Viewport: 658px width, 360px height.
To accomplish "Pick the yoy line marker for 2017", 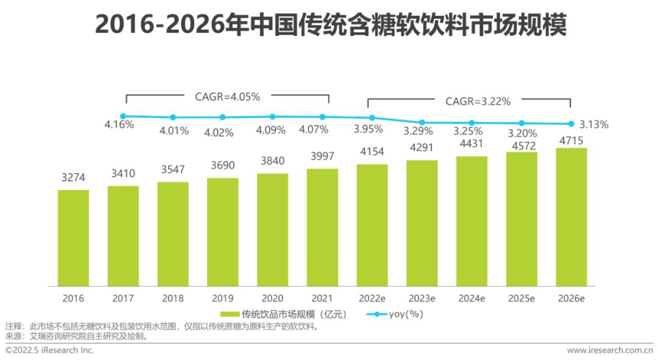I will pos(123,116).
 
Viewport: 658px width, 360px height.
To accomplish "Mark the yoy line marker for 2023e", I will pos(422,122).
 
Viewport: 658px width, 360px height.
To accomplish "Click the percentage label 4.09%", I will pos(271,130).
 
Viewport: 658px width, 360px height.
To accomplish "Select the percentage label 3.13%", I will pos(593,125).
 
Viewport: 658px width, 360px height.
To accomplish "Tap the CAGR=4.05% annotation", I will pos(227,96).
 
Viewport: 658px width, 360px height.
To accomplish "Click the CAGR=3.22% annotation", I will pos(478,101).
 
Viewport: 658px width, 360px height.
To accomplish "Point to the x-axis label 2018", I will pos(173,298).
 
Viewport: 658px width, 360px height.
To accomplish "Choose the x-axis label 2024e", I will pos(472,298).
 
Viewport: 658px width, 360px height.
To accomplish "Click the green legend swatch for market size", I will pos(229,314).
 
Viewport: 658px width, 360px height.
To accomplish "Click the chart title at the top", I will pos(329,26).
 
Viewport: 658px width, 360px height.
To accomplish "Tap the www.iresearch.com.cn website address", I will pos(609,350).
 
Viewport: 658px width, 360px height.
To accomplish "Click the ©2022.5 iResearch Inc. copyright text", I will pos(50,350).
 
